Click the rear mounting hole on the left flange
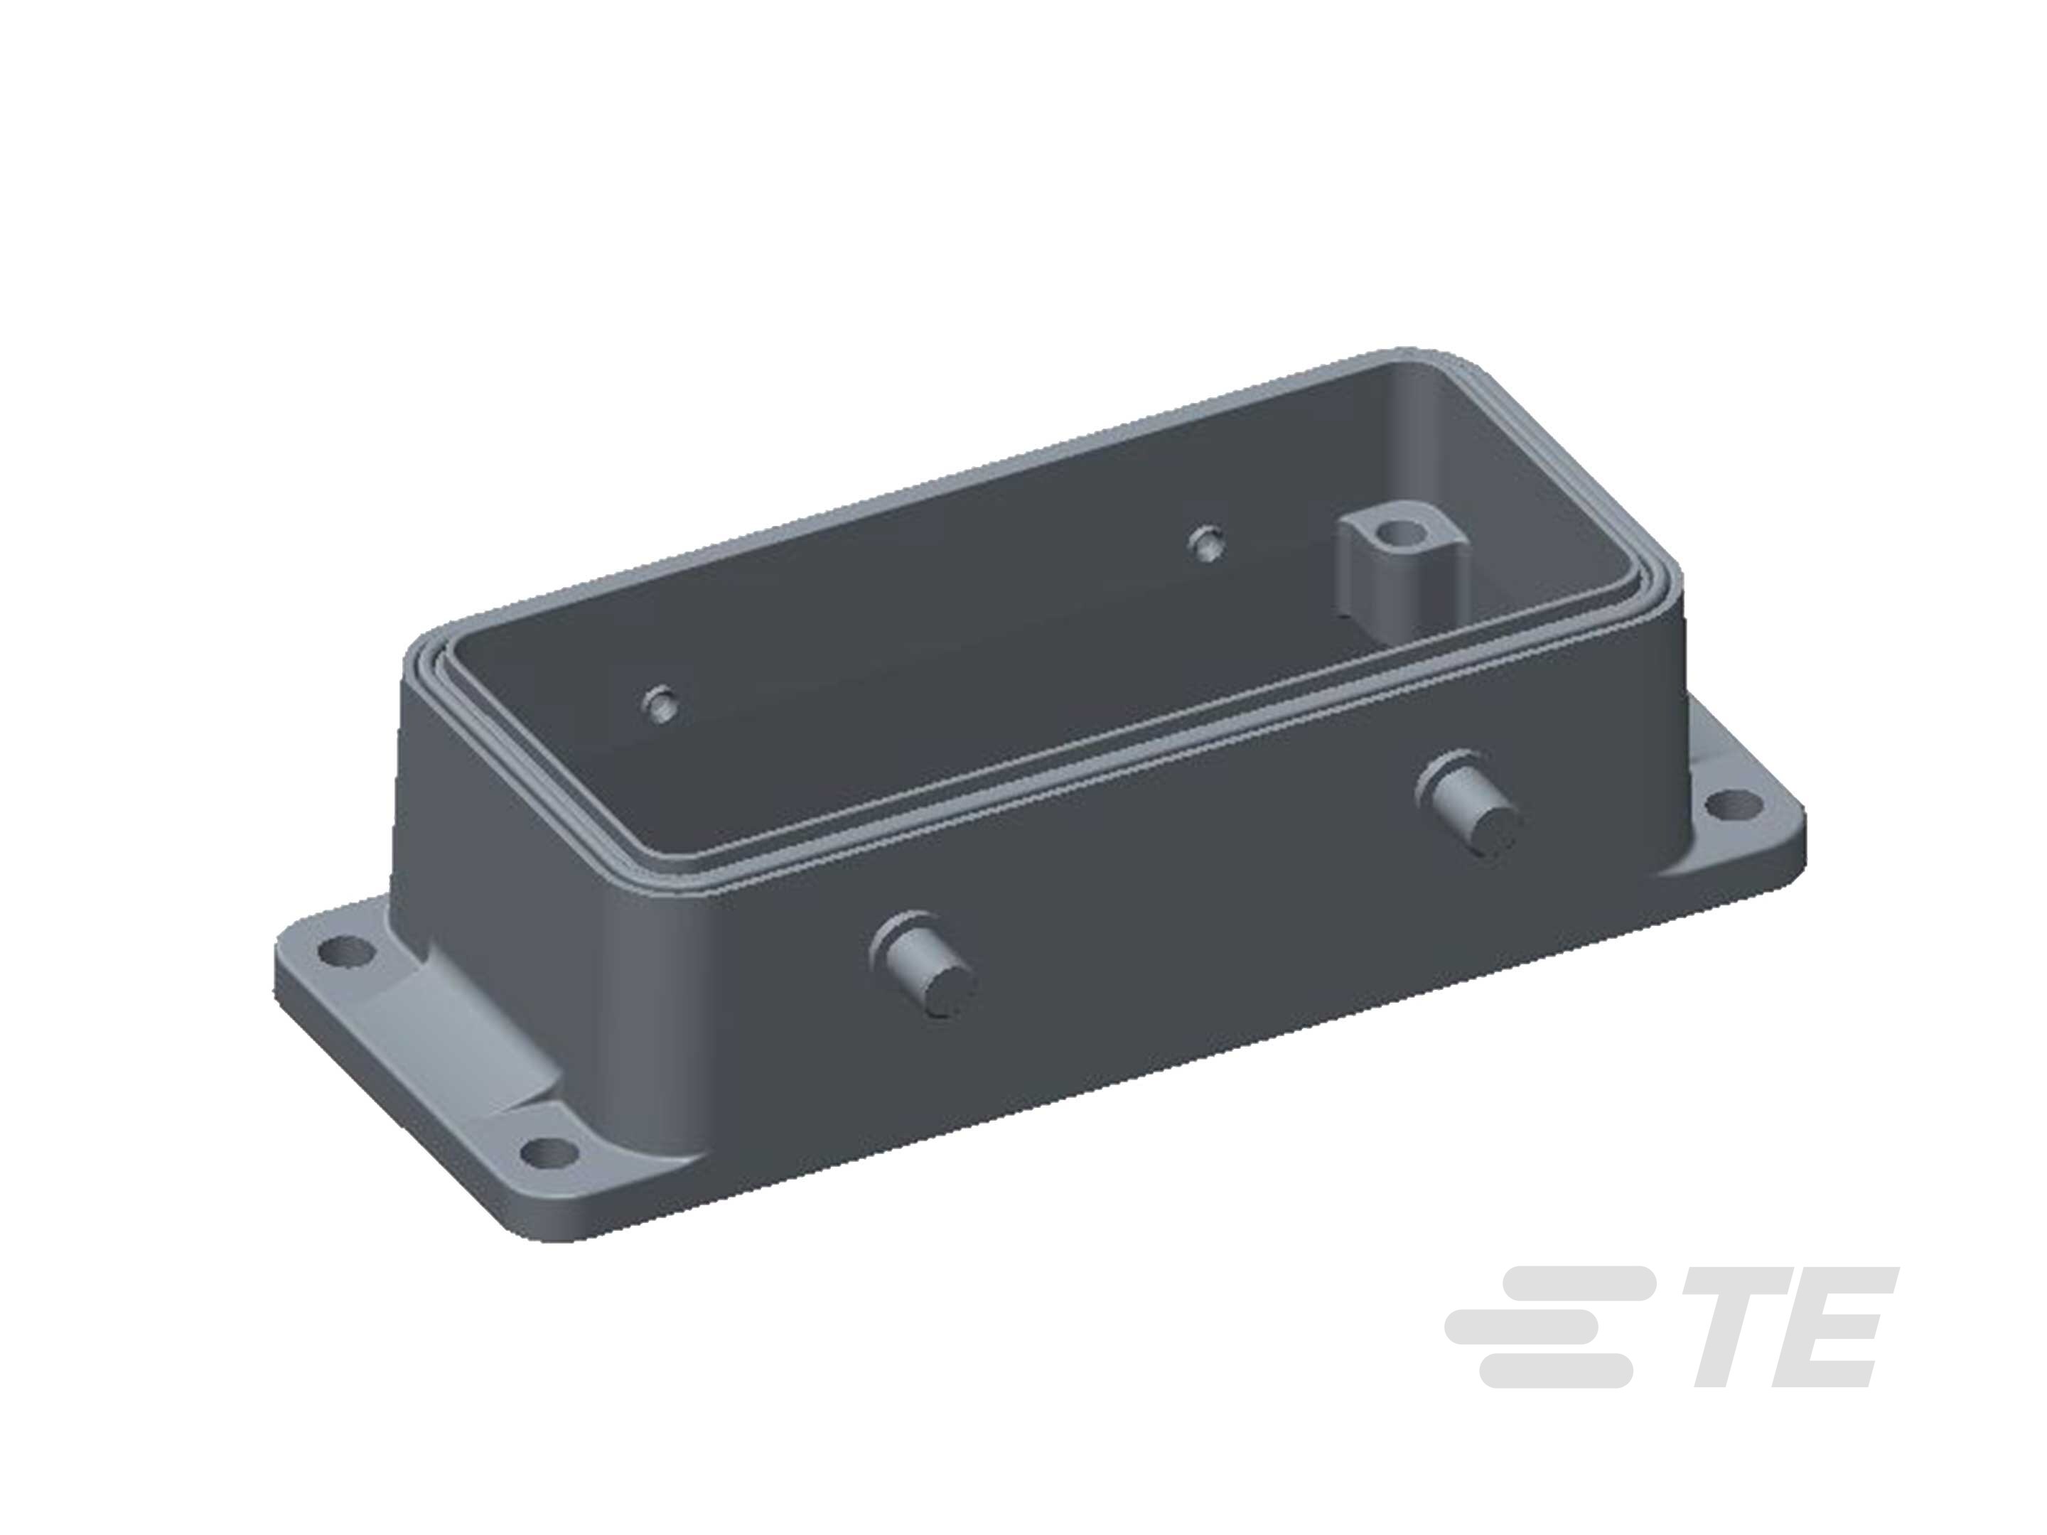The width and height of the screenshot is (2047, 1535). coord(347,949)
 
